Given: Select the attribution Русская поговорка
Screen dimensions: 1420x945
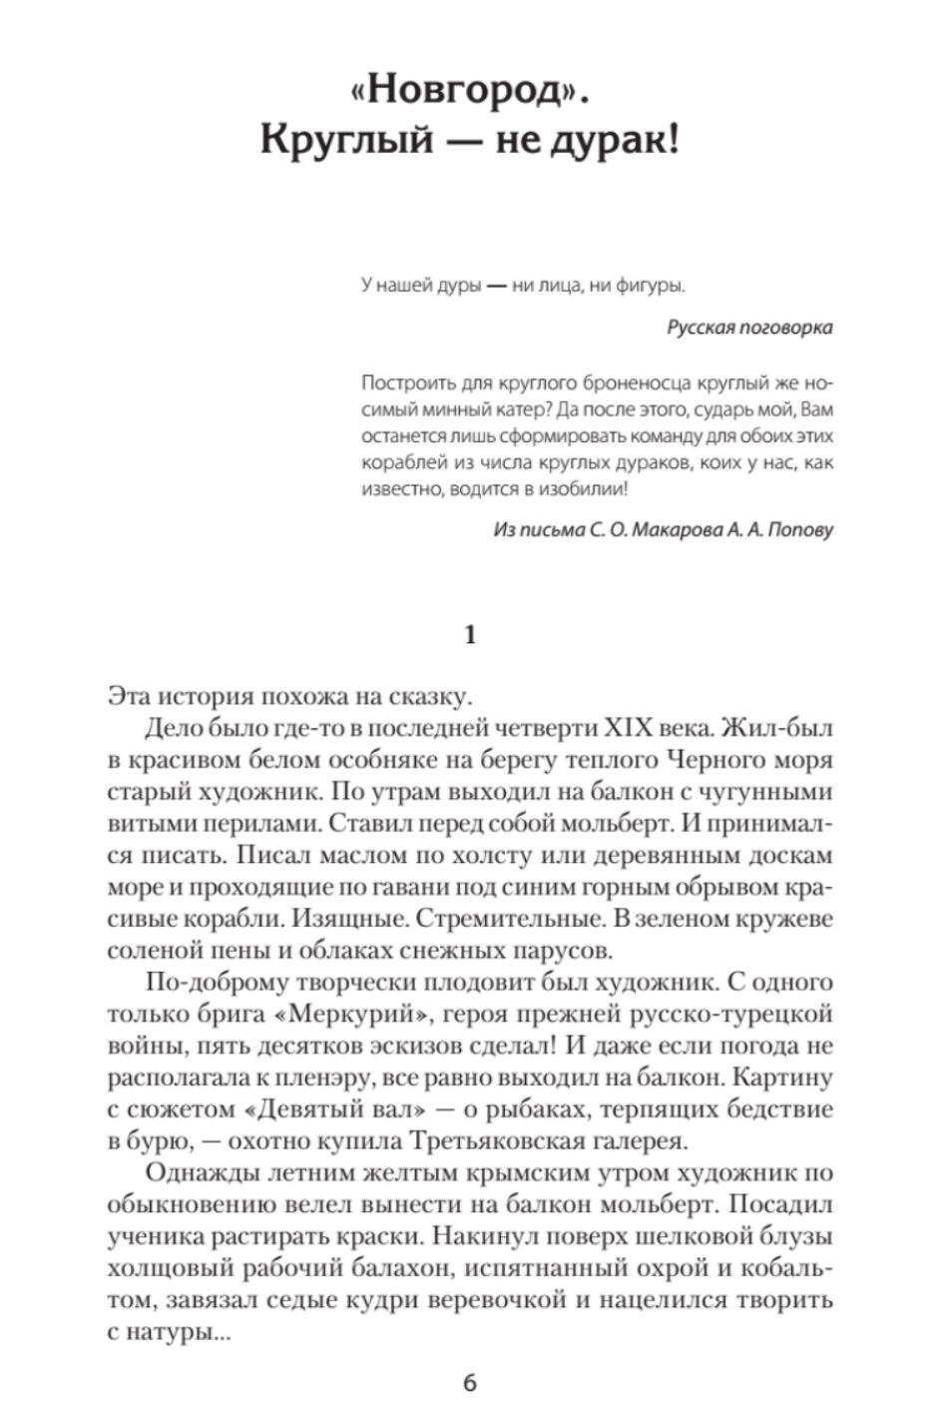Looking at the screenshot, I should pyautogui.click(x=749, y=328).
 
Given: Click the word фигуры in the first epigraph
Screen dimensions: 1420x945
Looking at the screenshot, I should pyautogui.click(x=653, y=287).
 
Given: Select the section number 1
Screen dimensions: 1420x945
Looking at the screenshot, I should pyautogui.click(x=471, y=634).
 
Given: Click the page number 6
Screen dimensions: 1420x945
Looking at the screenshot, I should pyautogui.click(x=471, y=1383).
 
